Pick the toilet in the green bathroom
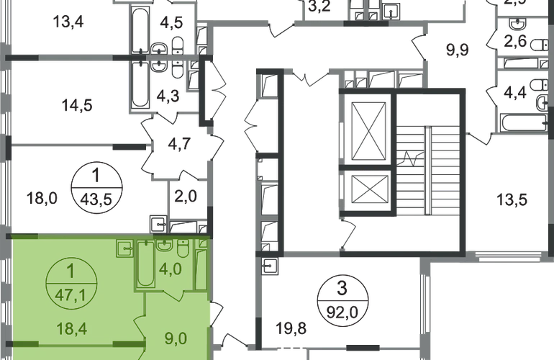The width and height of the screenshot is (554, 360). (182, 252)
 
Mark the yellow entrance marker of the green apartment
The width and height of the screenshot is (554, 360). (212, 312)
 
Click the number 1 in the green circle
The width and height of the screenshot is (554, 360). (71, 271)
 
